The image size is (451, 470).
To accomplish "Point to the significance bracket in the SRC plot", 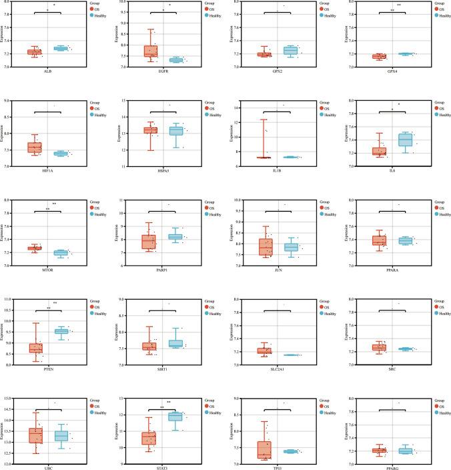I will (x=376, y=310).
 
